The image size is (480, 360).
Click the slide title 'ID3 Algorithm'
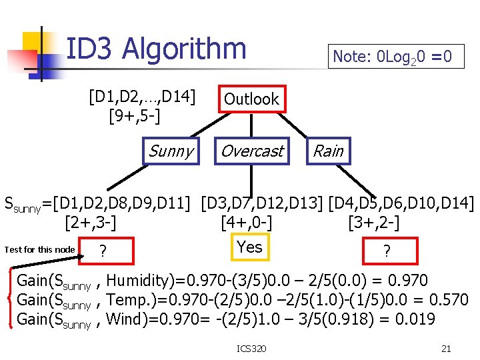point(157,49)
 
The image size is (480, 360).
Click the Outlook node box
point(251,99)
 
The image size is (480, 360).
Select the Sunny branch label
point(171,151)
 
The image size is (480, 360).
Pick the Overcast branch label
point(251,151)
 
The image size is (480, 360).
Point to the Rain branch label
point(328,151)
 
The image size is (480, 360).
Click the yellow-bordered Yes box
point(249,247)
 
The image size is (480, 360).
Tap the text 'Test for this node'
point(39,249)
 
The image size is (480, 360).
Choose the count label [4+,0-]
point(245,221)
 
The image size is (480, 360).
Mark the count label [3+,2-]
point(373,221)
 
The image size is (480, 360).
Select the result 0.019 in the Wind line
point(413,319)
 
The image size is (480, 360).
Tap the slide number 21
point(446,347)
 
